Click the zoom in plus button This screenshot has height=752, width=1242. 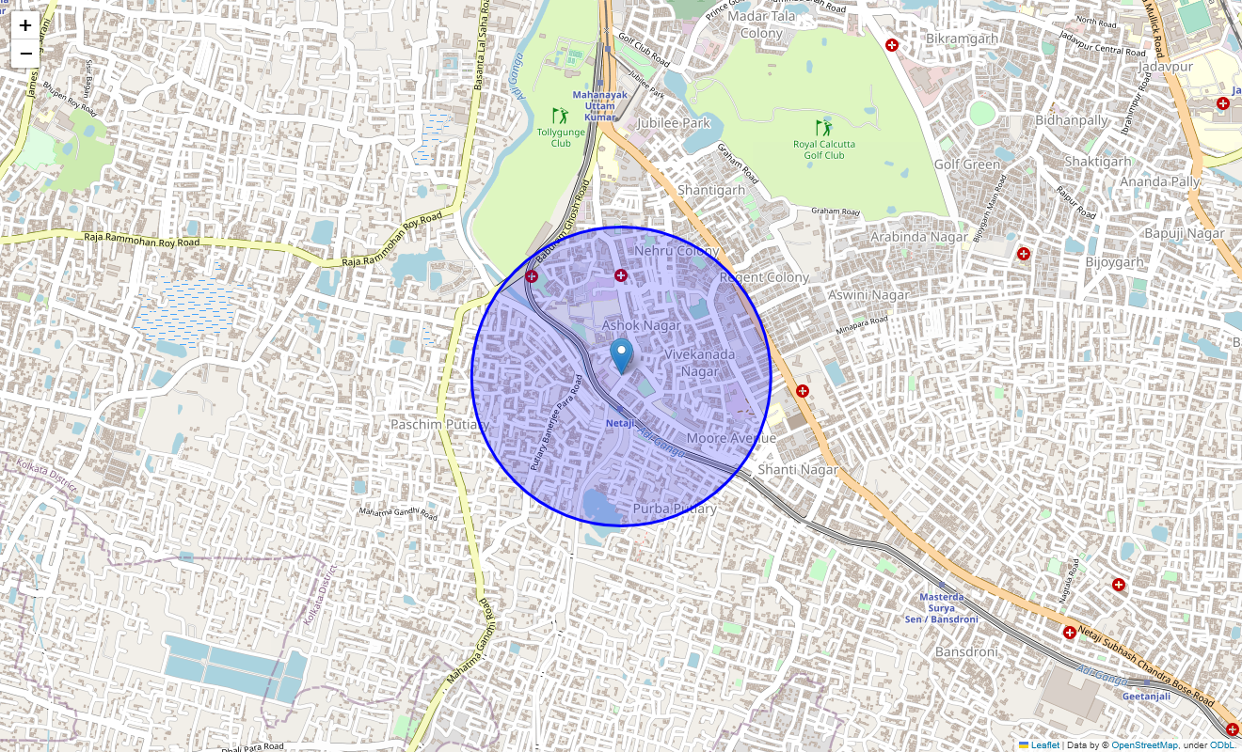[x=25, y=25]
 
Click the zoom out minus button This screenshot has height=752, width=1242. [x=25, y=54]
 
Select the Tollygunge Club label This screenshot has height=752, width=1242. [x=560, y=137]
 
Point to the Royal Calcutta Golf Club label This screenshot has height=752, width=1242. [x=824, y=149]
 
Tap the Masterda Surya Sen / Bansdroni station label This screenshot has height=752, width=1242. [x=941, y=608]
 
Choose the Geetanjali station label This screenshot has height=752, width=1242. [x=1146, y=697]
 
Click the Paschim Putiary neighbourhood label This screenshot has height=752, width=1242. [x=440, y=425]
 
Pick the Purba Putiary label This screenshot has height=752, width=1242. [x=675, y=509]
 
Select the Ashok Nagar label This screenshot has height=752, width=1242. [x=641, y=325]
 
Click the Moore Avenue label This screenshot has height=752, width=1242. [x=731, y=439]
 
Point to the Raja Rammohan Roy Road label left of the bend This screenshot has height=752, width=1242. [x=141, y=241]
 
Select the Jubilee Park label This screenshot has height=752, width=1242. [x=673, y=123]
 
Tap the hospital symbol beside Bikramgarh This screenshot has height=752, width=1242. [x=892, y=44]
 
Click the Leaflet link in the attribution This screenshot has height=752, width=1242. [x=1044, y=745]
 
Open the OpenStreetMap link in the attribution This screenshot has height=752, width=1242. [x=1144, y=745]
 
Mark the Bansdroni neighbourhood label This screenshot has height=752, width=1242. [x=965, y=651]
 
